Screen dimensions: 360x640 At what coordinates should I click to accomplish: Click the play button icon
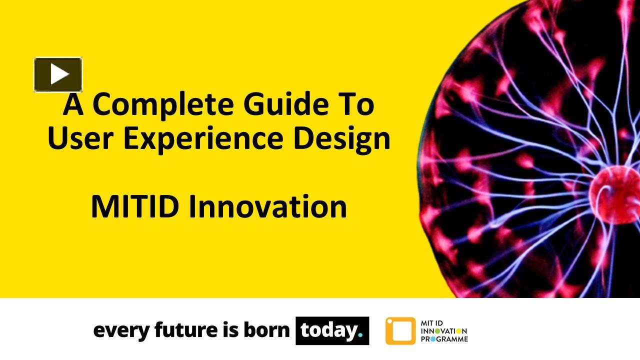[x=58, y=74]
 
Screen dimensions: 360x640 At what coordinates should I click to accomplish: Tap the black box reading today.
[x=332, y=330]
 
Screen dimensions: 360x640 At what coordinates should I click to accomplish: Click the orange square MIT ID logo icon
[x=400, y=331]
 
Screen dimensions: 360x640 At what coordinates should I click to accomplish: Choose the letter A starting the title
[x=73, y=104]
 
